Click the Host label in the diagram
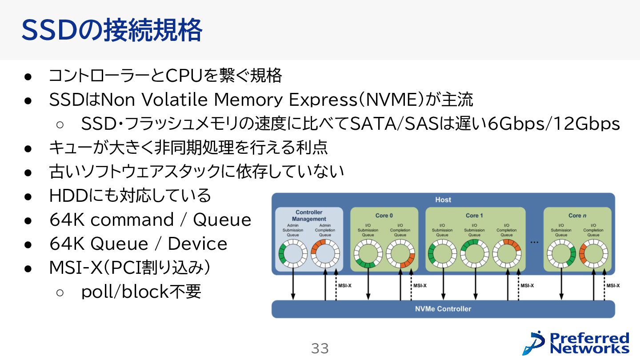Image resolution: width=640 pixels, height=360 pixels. click(443, 200)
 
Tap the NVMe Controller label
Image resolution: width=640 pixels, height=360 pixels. click(443, 308)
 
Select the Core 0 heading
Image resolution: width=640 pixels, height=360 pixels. click(384, 216)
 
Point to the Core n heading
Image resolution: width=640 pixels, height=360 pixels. click(577, 216)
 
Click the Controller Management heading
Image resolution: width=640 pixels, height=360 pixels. click(309, 216)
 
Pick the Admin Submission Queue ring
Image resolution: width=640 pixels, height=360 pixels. click(293, 254)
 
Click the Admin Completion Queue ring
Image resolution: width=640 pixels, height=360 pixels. click(325, 254)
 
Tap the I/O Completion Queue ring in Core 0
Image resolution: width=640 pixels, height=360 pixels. click(400, 254)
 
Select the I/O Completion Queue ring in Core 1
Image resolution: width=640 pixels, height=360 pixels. click(507, 254)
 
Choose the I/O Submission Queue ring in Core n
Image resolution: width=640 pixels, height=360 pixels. click(561, 254)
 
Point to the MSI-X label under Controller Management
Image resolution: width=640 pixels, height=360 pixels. click(345, 286)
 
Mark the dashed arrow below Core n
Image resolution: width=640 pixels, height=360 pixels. click(604, 287)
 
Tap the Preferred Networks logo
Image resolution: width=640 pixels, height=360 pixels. click(576, 343)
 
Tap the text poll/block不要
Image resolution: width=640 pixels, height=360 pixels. click(141, 292)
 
